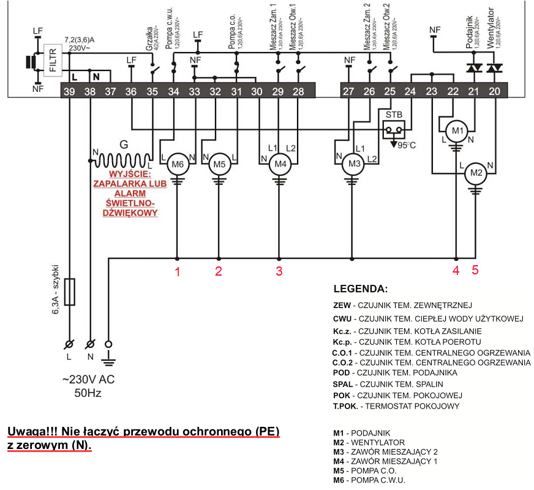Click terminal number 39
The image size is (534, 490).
point(69,91)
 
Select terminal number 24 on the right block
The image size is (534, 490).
point(410,91)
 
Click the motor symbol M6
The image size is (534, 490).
point(177,164)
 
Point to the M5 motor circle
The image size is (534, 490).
point(219,164)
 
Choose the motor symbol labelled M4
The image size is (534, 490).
point(279,164)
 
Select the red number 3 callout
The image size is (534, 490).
point(279,271)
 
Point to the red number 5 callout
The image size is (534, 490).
point(475,269)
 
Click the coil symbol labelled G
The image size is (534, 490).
point(122,160)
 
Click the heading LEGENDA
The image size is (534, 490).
point(361,288)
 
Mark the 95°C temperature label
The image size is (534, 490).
point(405,146)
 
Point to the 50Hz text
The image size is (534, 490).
point(88,393)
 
